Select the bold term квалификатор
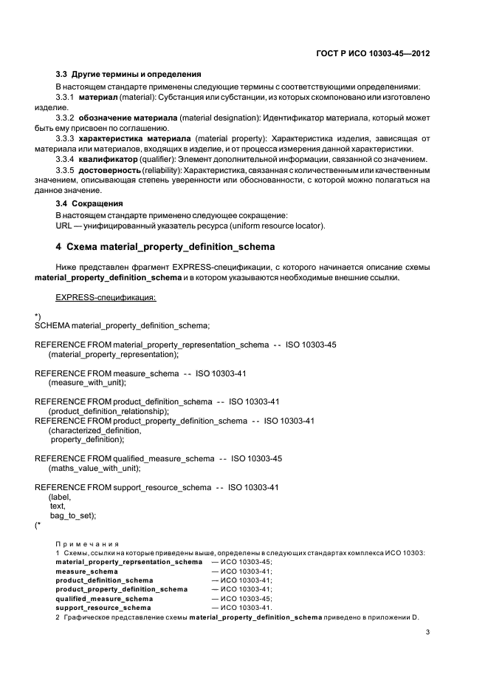tap(108, 160)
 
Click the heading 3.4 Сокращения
tap(89, 203)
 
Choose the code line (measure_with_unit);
tap(87, 383)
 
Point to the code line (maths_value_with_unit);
tap(94, 468)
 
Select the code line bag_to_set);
tap(73, 515)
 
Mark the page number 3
tap(428, 632)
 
